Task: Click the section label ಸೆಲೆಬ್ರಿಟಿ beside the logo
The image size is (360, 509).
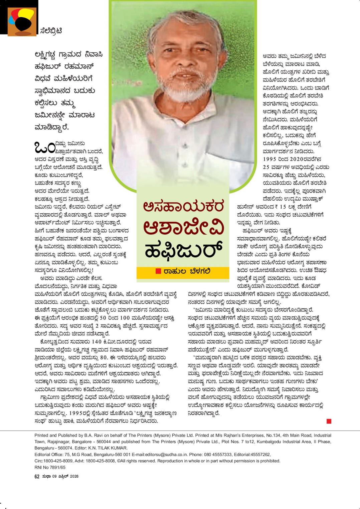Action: (x=50, y=31)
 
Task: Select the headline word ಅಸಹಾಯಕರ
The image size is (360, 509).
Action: (x=182, y=207)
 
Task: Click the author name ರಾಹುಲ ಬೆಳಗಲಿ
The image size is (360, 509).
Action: (x=187, y=271)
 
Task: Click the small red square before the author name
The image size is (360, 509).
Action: (x=158, y=271)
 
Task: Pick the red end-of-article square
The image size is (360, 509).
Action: (x=329, y=422)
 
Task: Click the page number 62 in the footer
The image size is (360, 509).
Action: (x=37, y=477)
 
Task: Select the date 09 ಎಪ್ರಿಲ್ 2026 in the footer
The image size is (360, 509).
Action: (x=65, y=477)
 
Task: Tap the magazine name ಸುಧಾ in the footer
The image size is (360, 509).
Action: (x=46, y=477)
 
